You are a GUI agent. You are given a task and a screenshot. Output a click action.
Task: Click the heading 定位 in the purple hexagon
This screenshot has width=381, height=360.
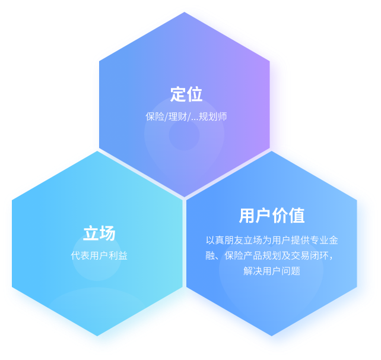coord(186,94)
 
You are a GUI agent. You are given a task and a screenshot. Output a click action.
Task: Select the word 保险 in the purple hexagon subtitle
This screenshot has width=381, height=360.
coord(155,116)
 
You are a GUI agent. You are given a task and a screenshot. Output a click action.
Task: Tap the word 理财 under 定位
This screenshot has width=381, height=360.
coord(177,116)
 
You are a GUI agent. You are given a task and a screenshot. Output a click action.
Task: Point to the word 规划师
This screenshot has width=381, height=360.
coord(213,116)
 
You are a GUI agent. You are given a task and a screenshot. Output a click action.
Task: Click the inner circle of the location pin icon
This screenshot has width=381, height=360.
coord(184,135)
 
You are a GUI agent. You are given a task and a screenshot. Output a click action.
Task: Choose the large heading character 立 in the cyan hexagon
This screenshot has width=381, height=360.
coord(91,233)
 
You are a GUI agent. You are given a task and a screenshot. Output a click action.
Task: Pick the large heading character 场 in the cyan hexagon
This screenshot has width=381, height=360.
coord(107,233)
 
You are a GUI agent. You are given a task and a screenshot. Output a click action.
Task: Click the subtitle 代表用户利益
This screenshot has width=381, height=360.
coord(99,255)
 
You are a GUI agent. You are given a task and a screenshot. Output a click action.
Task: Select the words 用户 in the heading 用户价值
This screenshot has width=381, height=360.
coord(255,215)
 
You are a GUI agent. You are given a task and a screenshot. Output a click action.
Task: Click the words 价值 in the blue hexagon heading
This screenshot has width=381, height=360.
coord(288,215)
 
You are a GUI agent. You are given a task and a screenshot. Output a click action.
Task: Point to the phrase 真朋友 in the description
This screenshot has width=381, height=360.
coord(229,240)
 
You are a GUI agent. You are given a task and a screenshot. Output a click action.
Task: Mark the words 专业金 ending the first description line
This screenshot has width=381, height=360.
coord(324,240)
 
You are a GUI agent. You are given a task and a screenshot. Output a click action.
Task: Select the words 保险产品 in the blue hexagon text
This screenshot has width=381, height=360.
coord(243,255)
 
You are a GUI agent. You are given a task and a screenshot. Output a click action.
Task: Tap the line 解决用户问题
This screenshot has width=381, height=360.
coord(272,271)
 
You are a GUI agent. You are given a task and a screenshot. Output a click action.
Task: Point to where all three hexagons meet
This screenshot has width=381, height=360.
coord(185,198)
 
